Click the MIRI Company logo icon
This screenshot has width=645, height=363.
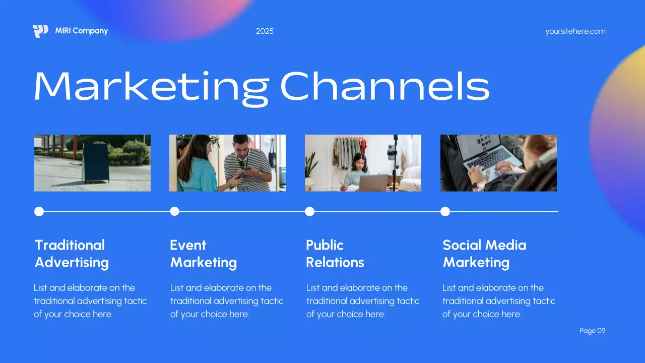coord(40,31)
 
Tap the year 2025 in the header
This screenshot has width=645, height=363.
coord(265,31)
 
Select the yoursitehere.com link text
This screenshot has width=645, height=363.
coord(575,31)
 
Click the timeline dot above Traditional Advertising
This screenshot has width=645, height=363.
coord(39,211)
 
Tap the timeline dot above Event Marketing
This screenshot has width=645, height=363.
coord(174,211)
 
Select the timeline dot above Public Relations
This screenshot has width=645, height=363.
coord(309,211)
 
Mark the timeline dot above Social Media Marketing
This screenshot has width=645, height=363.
coord(445,211)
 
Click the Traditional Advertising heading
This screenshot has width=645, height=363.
coord(71,254)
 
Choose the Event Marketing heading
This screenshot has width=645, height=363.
coord(203,254)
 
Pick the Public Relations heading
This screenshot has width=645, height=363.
coord(335,254)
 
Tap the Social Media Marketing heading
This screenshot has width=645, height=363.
coord(484,254)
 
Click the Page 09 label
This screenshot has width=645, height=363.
coord(592,331)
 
